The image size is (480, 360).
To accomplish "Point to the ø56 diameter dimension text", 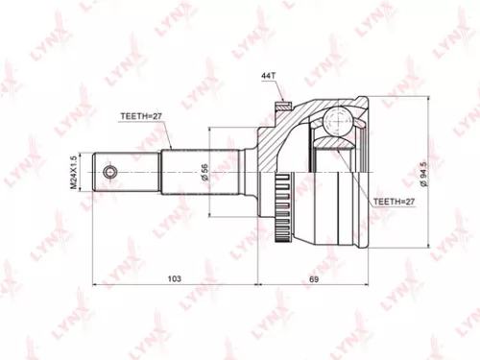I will (204, 173).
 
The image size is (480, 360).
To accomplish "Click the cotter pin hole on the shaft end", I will (110, 173).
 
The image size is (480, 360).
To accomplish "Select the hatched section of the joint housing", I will (278, 144).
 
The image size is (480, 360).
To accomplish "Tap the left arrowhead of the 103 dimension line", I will (94, 285).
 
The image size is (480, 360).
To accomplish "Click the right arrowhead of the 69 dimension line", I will (372, 285).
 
